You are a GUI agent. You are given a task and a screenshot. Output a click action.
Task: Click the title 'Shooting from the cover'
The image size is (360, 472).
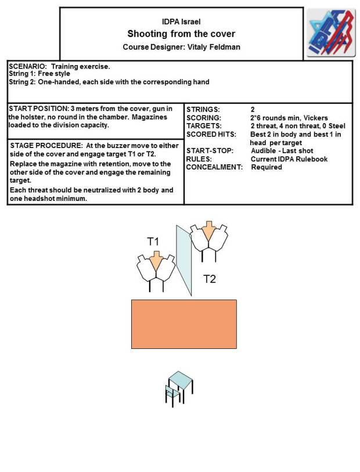coord(181,34)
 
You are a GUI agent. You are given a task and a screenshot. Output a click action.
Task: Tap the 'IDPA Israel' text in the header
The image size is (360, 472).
coord(181,21)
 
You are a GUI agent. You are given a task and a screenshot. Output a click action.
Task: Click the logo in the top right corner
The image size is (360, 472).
coord(330,33)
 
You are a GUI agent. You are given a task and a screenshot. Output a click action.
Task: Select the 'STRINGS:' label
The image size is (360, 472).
coord(203,109)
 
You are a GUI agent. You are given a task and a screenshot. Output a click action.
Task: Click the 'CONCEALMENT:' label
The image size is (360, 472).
coord(213,167)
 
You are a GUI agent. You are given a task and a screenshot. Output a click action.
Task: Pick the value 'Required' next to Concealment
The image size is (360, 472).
coord(266,167)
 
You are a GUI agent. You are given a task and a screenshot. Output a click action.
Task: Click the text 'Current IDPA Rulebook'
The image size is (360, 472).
coord(289,159)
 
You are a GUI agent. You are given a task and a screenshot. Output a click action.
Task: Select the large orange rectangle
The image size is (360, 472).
coord(183,324)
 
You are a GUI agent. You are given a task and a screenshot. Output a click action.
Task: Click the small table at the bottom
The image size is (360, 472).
coord(179,386)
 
